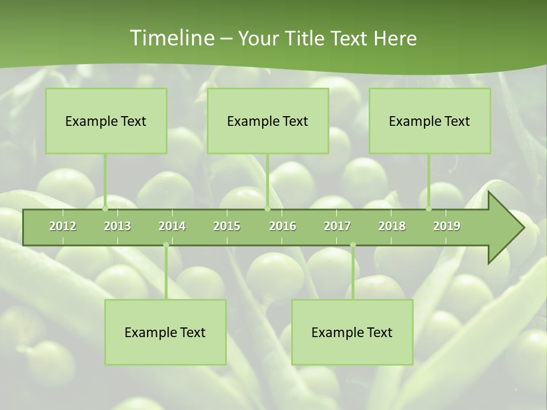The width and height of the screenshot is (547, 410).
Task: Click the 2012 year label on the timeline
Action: pyautogui.click(x=63, y=226)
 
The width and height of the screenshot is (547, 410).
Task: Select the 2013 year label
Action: pyautogui.click(x=117, y=226)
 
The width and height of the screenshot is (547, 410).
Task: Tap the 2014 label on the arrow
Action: pyautogui.click(x=172, y=226)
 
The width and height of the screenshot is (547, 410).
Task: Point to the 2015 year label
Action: pyautogui.click(x=227, y=226)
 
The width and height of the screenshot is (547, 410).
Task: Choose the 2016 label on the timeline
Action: pyautogui.click(x=283, y=226)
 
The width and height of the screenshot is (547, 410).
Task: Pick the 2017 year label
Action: pyautogui.click(x=337, y=226)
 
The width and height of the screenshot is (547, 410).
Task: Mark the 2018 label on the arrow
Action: pyautogui.click(x=392, y=226)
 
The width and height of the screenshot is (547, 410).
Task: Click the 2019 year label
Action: pyautogui.click(x=447, y=226)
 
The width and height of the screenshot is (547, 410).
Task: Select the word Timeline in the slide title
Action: pyautogui.click(x=171, y=38)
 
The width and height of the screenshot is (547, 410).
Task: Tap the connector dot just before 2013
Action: pyautogui.click(x=105, y=208)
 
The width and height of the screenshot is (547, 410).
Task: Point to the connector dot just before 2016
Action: pyautogui.click(x=267, y=208)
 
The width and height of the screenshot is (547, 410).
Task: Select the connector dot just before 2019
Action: pyautogui.click(x=429, y=208)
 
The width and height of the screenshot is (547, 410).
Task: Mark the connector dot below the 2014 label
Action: pyautogui.click(x=166, y=245)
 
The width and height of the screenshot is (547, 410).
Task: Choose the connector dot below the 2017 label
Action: pyautogui.click(x=353, y=245)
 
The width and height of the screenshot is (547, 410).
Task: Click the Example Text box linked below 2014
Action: pyautogui.click(x=165, y=332)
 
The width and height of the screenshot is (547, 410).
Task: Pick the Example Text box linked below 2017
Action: pyautogui.click(x=352, y=332)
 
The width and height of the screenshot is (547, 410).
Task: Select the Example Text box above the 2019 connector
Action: pyautogui.click(x=430, y=121)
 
